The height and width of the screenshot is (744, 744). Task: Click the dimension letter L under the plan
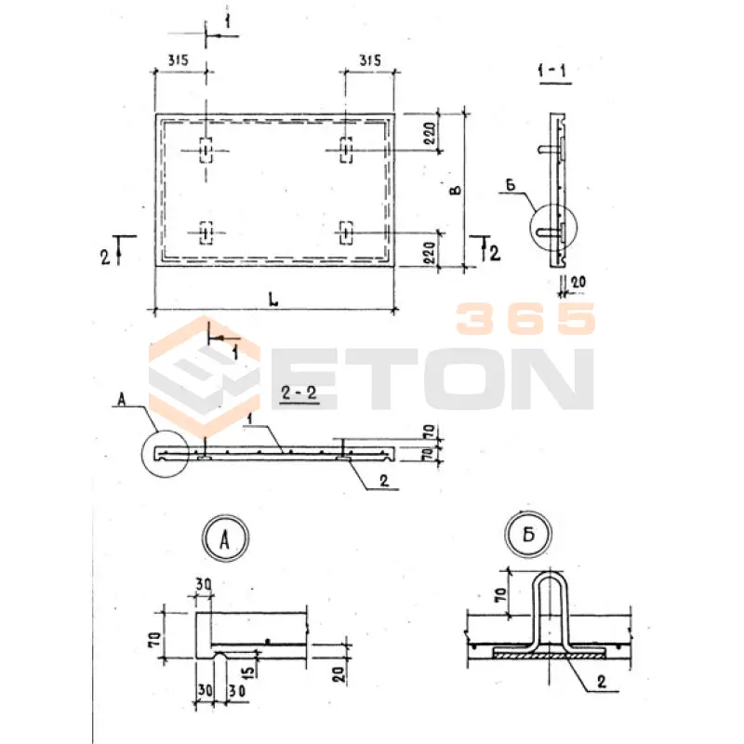273,299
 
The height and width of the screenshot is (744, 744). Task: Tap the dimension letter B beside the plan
455,190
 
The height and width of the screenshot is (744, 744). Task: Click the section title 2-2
299,392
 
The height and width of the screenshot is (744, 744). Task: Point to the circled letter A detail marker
225,538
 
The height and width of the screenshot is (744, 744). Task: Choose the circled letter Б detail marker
528,535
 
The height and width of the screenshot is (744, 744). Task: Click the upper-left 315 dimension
178,60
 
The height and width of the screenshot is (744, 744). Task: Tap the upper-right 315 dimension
369,60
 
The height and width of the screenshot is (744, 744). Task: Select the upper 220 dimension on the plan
429,133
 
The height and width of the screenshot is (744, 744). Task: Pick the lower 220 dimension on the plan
429,253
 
